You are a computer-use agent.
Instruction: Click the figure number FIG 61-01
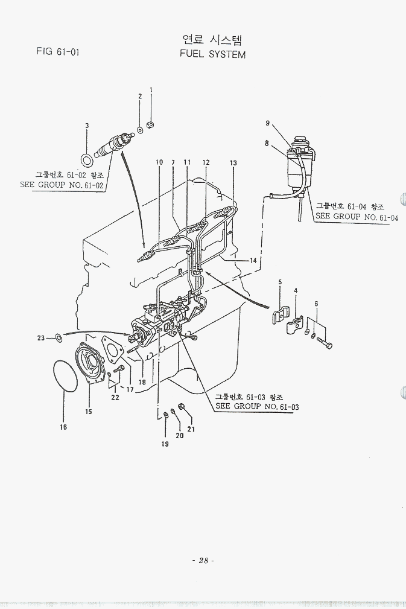pos(58,51)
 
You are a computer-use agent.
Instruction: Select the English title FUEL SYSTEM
pos(213,54)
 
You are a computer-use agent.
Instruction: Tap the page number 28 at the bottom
pos(203,561)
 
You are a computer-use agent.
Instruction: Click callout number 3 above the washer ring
pos(87,126)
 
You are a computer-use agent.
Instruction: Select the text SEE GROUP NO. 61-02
pos(62,185)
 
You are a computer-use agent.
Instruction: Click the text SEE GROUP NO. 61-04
pos(357,217)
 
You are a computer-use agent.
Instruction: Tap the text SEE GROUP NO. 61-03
pos(257,406)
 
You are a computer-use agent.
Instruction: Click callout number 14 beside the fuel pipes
pos(253,261)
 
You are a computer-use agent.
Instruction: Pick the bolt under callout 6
pos(325,343)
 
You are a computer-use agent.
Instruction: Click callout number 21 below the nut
pos(191,429)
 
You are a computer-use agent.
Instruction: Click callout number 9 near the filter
pos(268,123)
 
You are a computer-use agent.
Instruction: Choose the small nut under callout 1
pos(151,125)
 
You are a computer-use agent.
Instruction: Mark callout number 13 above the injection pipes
pos(233,163)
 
